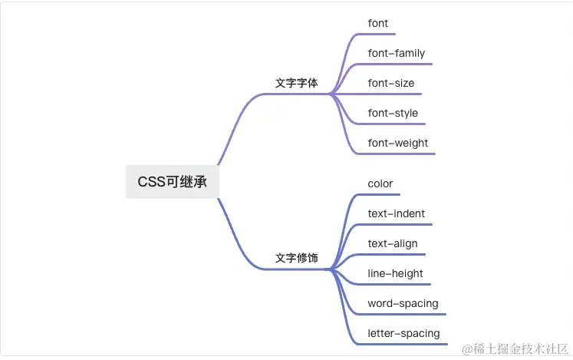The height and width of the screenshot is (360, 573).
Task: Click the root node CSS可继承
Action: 172,182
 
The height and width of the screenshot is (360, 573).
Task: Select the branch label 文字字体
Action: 296,83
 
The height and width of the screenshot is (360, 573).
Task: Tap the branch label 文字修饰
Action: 296,258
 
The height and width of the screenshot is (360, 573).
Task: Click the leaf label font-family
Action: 396,53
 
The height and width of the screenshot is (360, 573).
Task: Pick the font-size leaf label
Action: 391,83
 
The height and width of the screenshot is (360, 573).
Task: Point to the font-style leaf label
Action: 393,113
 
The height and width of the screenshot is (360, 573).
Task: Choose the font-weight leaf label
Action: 397,143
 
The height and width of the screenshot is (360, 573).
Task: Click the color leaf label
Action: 380,183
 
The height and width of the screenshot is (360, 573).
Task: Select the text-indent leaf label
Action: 396,213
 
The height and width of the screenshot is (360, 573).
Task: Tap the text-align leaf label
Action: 393,243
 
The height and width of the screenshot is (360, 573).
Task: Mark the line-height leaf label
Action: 395,273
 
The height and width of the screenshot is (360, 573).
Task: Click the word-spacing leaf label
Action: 403,303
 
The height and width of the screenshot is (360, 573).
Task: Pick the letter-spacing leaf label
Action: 403,333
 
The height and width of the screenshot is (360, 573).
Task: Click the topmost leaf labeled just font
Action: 377,23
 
